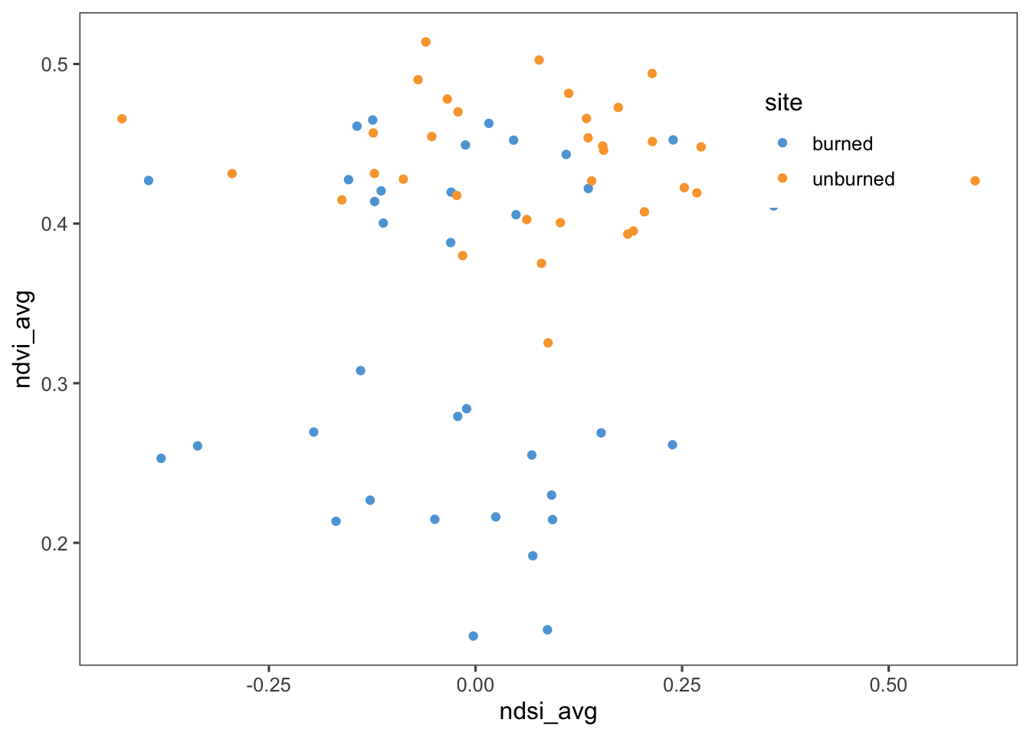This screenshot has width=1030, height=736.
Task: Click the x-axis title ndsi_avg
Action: (x=548, y=711)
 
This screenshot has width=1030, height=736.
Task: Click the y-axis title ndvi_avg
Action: (x=23, y=339)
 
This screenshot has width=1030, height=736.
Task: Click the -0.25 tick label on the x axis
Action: (x=268, y=685)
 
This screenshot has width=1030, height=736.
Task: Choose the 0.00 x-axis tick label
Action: (x=475, y=685)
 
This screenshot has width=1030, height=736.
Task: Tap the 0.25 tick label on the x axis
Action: (x=681, y=685)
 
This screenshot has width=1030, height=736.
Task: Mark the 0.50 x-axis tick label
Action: (x=888, y=685)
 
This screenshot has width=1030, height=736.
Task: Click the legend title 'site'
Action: (x=783, y=103)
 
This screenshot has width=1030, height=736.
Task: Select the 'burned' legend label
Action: (x=842, y=144)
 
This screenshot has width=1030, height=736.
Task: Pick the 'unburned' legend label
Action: (x=853, y=179)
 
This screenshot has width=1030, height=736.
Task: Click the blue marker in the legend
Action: (x=782, y=143)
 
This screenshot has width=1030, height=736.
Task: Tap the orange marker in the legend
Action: (x=782, y=178)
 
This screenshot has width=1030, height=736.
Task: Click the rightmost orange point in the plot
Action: (x=975, y=181)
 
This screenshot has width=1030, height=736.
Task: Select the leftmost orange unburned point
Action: (x=122, y=119)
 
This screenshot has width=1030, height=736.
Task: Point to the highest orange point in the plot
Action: (x=426, y=42)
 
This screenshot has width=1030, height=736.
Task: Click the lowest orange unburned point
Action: (x=548, y=343)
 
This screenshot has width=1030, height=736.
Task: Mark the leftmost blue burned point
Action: (x=149, y=181)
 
